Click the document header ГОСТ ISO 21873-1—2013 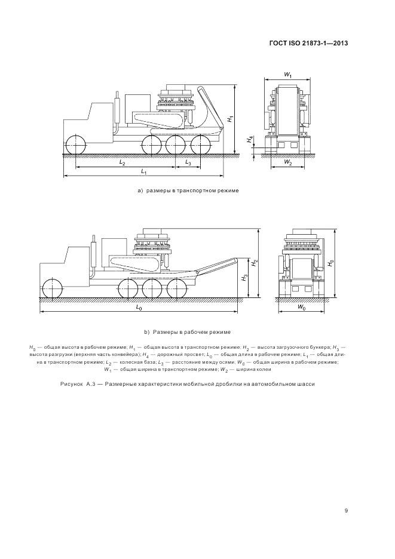[308, 43]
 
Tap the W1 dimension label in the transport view [287, 75]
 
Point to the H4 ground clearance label [250, 140]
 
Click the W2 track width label [288, 163]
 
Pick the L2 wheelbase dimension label [123, 163]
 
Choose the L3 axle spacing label [188, 163]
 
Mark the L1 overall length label [144, 172]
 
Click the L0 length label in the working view [139, 308]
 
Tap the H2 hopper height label [254, 263]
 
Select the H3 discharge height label [243, 278]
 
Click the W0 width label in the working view [302, 308]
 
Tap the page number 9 [346, 511]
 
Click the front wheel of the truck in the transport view [76, 145]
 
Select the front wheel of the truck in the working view [51, 288]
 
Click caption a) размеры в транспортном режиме [188, 191]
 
